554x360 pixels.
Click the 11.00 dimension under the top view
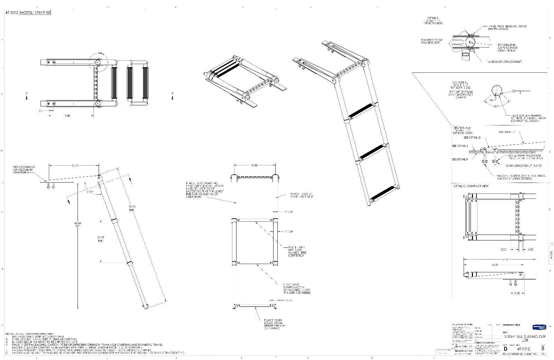pyautogui.click(x=67, y=116)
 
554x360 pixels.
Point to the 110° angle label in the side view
pyautogui.click(x=90, y=192)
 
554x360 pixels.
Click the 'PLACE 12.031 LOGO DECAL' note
pyautogui.click(x=274, y=323)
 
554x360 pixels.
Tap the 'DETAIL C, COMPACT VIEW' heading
pyautogui.click(x=471, y=186)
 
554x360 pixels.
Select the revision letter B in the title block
pyautogui.click(x=543, y=348)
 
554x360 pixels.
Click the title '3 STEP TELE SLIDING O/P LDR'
pyautogui.click(x=524, y=338)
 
